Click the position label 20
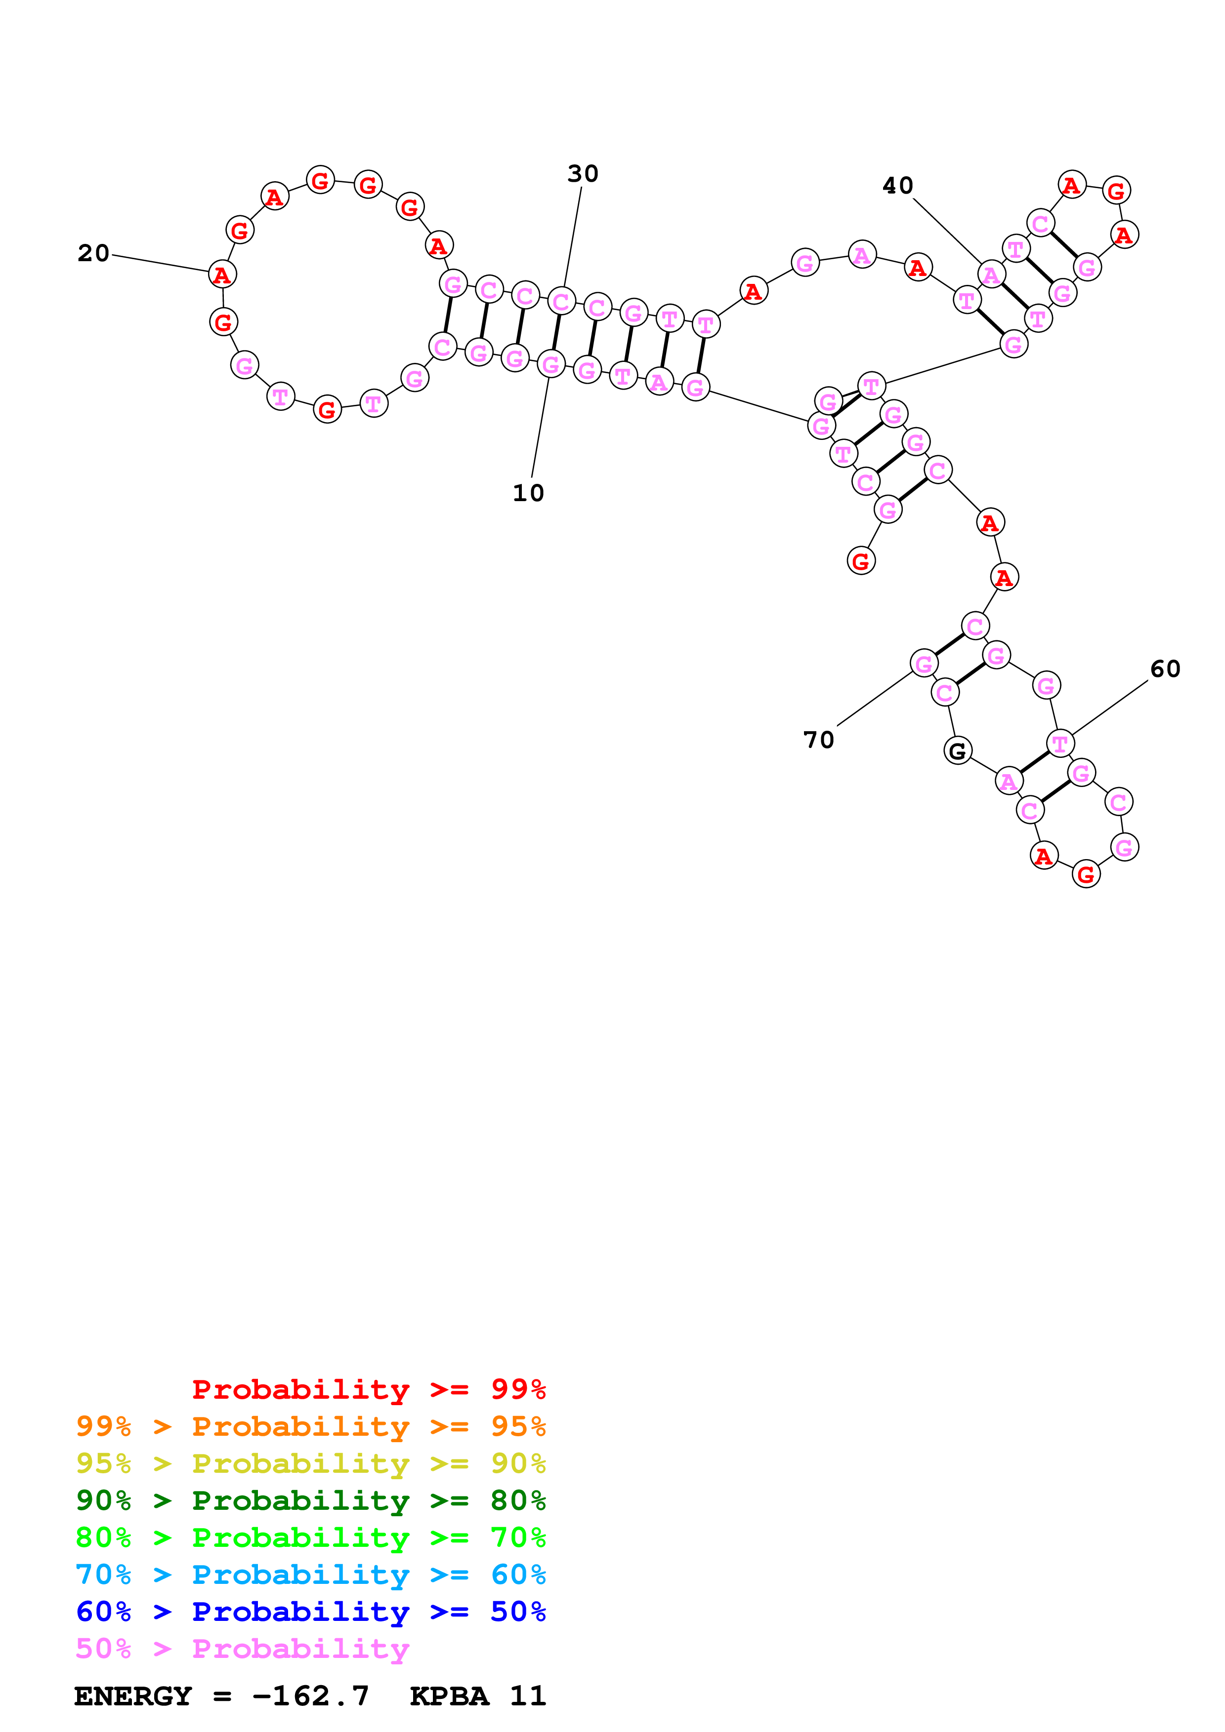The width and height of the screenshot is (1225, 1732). (x=93, y=253)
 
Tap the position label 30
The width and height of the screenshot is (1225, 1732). (x=583, y=174)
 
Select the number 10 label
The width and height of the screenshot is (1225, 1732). (x=528, y=493)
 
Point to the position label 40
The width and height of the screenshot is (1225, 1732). (x=897, y=186)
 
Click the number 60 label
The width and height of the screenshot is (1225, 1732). (x=1165, y=669)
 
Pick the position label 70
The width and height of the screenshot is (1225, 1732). (x=818, y=740)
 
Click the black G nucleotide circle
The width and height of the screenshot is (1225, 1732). (x=957, y=750)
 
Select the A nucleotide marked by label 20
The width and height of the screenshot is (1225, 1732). (x=222, y=275)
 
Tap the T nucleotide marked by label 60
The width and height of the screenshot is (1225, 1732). (x=1059, y=744)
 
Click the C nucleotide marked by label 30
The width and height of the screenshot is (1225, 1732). (x=561, y=301)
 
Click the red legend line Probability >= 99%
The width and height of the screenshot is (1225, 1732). (x=368, y=1389)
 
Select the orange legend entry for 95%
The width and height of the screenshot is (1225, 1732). (x=310, y=1426)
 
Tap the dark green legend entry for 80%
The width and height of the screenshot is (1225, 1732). (x=310, y=1500)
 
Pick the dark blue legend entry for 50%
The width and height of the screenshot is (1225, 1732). (x=310, y=1612)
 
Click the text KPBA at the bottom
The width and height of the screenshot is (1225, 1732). (x=449, y=1696)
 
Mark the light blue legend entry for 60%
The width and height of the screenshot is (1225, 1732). (x=310, y=1575)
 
